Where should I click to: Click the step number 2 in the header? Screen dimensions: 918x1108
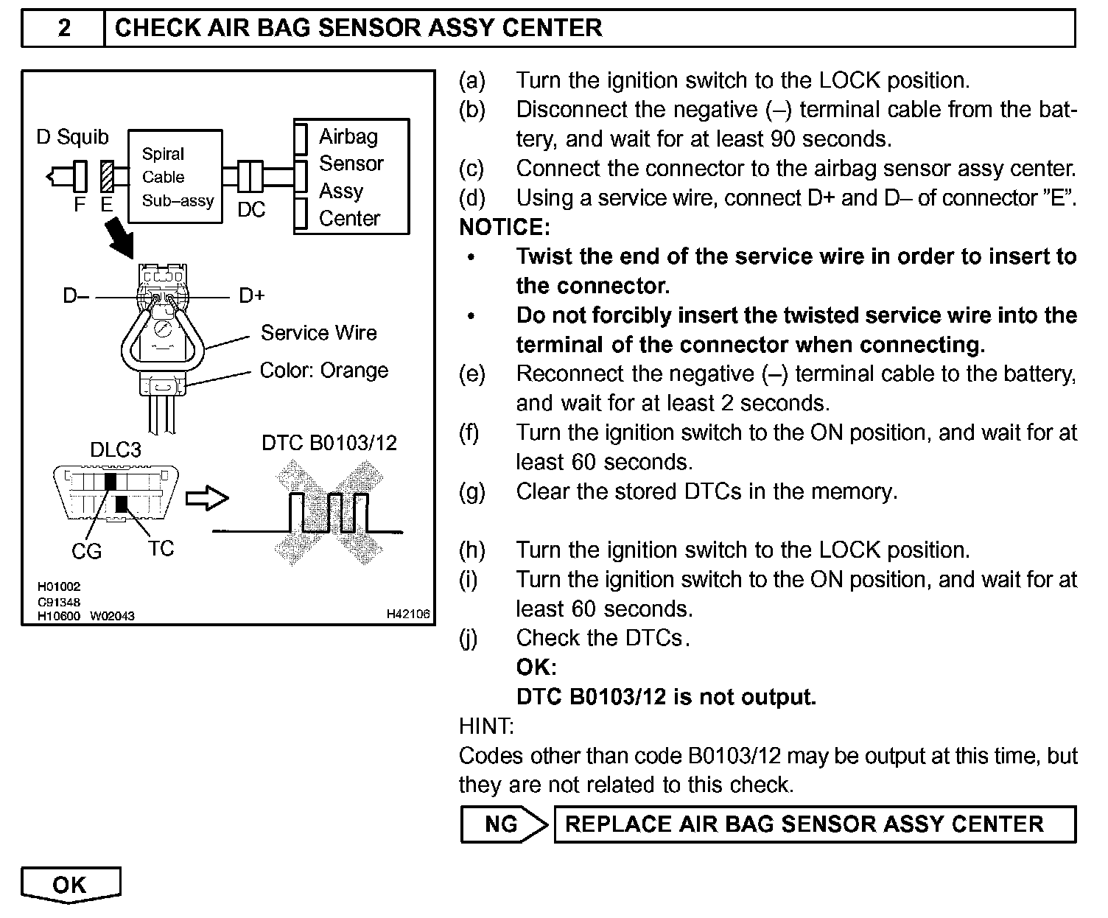tap(65, 29)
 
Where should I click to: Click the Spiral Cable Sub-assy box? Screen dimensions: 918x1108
tap(175, 177)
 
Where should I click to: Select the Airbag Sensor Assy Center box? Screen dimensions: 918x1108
tap(351, 177)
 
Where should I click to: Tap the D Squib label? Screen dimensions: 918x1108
tap(72, 137)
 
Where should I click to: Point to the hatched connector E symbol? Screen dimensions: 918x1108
tap(107, 177)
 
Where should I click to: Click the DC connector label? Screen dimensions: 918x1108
tap(251, 210)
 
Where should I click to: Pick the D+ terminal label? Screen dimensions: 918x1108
tap(252, 296)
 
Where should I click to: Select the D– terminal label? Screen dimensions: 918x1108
tap(76, 296)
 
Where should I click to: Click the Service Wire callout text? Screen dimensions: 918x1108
tap(318, 333)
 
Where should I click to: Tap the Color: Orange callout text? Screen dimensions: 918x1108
tap(323, 370)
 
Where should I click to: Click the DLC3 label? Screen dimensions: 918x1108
tap(116, 449)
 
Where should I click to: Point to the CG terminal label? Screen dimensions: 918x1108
tap(86, 551)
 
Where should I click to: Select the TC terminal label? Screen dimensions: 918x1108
tap(161, 549)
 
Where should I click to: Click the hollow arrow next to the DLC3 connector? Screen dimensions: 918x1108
tap(206, 499)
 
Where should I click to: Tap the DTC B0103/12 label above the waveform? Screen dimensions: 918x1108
tap(329, 443)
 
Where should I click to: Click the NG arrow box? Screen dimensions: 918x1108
tap(504, 824)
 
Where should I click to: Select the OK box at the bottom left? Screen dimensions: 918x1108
tap(70, 885)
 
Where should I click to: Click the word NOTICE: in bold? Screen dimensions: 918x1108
tap(505, 227)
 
